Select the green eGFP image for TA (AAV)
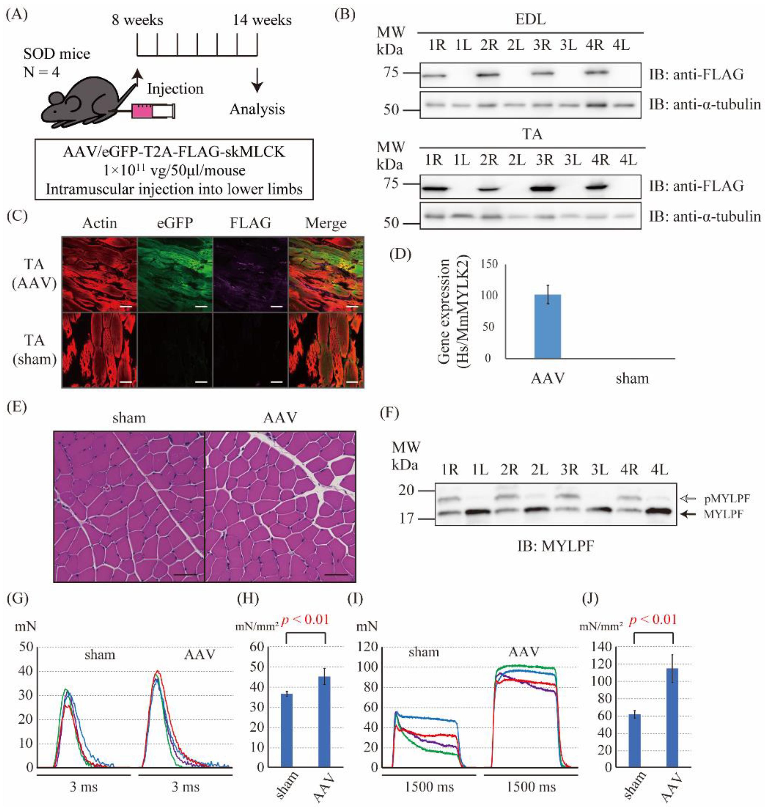175,274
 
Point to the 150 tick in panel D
490,264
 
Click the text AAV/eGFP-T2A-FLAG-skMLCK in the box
174,152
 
